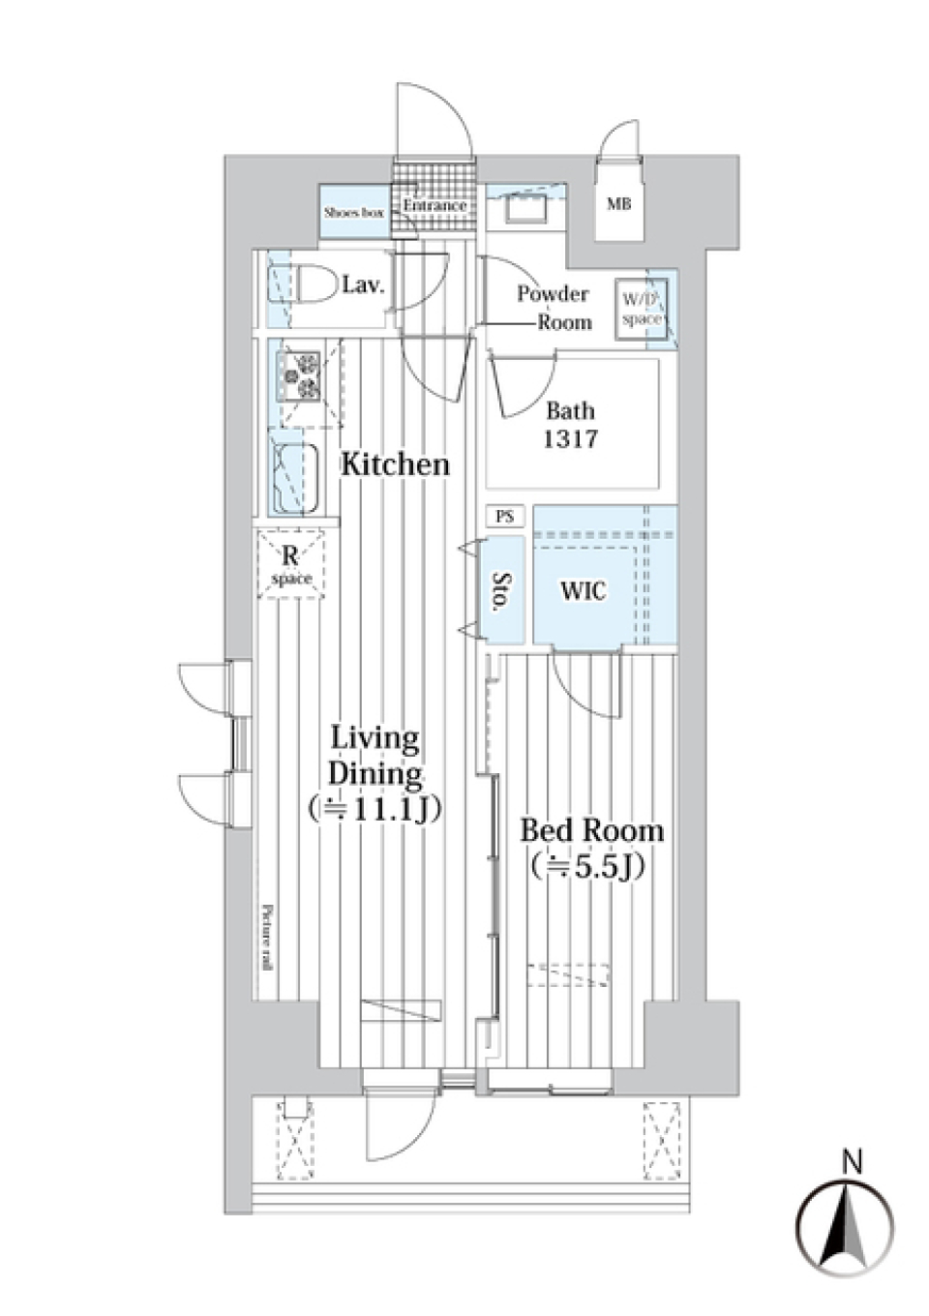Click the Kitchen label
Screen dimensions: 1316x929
pyautogui.click(x=395, y=464)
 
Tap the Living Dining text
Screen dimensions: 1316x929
pyautogui.click(x=375, y=756)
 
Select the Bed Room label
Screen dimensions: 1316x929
pyautogui.click(x=591, y=830)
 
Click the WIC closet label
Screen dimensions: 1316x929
pyautogui.click(x=583, y=590)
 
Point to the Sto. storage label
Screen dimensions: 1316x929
pyautogui.click(x=501, y=591)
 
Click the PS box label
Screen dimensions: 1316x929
pyautogui.click(x=504, y=517)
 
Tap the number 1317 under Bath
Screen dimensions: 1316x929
pyautogui.click(x=570, y=439)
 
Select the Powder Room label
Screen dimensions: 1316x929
pyautogui.click(x=553, y=307)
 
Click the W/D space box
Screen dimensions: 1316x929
pyautogui.click(x=641, y=309)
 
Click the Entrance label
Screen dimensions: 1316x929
pyautogui.click(x=435, y=206)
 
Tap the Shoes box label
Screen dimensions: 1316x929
pyautogui.click(x=354, y=212)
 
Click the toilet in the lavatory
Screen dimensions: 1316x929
pyautogui.click(x=311, y=284)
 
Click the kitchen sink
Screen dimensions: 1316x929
pyautogui.click(x=297, y=479)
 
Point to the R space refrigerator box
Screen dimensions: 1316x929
pyautogui.click(x=291, y=565)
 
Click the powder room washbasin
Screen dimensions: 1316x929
pyautogui.click(x=525, y=207)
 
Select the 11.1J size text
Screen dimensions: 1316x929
pyautogui.click(x=375, y=809)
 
